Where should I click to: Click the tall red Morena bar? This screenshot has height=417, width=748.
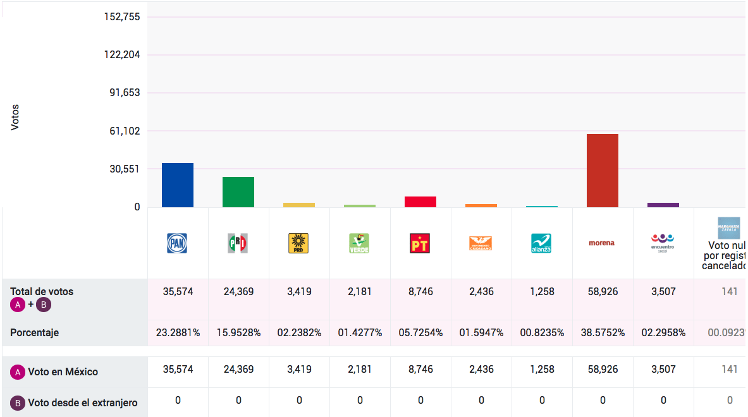(602, 171)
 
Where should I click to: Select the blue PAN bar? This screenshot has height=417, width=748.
(178, 185)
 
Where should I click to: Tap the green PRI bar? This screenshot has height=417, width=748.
(238, 192)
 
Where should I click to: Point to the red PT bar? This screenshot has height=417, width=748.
(420, 202)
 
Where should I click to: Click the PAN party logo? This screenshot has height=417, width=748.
(177, 243)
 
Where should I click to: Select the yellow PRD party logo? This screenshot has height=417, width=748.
(298, 243)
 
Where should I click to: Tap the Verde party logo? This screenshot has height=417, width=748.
(359, 243)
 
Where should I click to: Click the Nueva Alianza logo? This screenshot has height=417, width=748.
(541, 243)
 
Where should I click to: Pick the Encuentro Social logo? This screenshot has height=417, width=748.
(663, 242)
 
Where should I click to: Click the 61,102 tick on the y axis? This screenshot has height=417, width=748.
(125, 131)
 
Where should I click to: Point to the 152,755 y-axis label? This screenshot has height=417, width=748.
(122, 16)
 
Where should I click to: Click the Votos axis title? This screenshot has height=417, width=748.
(15, 118)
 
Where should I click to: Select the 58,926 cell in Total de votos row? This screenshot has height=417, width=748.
(603, 292)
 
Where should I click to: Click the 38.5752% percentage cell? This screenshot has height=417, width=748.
(603, 332)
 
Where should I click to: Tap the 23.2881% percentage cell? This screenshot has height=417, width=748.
(178, 332)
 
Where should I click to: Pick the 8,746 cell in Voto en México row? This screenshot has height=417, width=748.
(420, 369)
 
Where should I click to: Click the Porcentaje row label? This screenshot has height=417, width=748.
(35, 332)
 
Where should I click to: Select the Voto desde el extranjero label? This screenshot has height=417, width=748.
(82, 402)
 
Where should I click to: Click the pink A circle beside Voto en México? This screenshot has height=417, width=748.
(18, 372)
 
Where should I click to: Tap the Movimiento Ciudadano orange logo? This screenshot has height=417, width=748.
(481, 243)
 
